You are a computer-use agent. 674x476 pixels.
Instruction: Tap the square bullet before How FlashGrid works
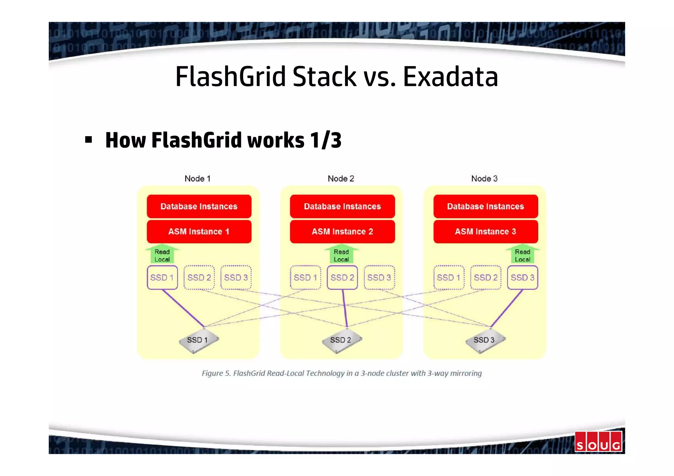coord(88,140)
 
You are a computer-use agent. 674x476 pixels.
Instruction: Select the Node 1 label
coord(197,179)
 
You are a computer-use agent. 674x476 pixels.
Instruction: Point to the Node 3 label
coord(484,179)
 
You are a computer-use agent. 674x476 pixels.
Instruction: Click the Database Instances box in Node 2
coord(342,206)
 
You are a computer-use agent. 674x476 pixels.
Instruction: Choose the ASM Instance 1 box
coord(199,232)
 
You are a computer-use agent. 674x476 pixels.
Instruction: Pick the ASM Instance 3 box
coord(485,232)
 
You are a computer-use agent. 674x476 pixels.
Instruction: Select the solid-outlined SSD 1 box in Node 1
coord(162,278)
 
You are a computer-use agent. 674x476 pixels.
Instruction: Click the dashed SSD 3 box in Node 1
coord(236,278)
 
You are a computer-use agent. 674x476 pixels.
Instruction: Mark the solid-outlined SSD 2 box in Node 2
coord(342,278)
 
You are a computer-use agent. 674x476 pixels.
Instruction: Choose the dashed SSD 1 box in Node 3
coord(449,278)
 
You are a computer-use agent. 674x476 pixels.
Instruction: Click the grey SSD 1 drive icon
coord(198,340)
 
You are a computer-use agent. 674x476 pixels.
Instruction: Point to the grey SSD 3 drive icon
coord(485,340)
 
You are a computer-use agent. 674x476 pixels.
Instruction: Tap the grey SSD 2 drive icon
coord(341,340)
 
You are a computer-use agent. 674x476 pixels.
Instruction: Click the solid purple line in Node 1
coord(183,308)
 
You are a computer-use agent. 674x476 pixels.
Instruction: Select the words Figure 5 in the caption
coord(216,373)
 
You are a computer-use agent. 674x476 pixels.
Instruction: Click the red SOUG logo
coord(598,442)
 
